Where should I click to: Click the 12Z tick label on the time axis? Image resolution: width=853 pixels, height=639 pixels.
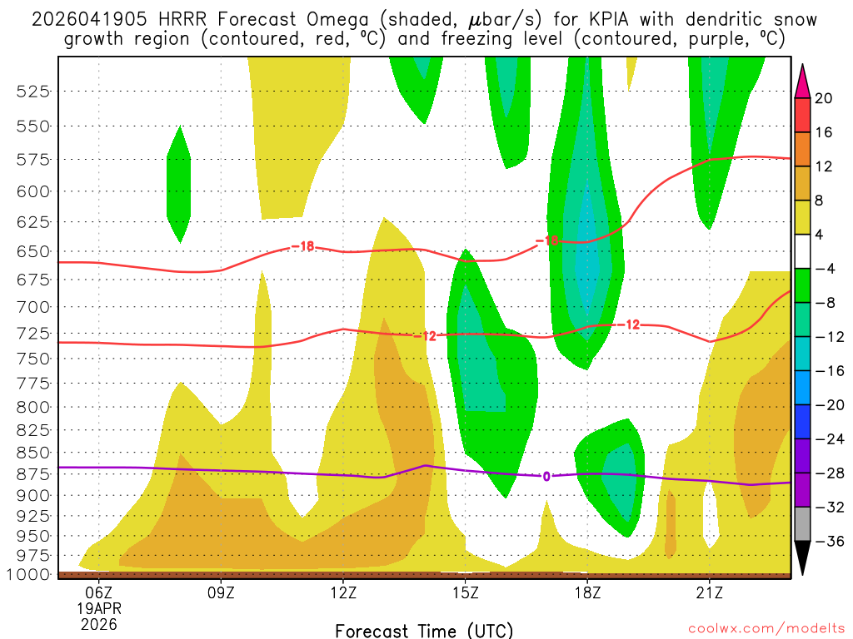tap(343, 592)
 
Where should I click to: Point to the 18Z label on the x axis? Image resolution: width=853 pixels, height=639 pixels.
tap(587, 592)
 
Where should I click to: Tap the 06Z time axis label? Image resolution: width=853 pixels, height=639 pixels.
tap(99, 592)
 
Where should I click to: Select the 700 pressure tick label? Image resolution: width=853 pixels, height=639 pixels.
tap(33, 307)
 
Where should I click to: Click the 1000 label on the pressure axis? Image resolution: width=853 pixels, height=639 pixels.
tap(30, 574)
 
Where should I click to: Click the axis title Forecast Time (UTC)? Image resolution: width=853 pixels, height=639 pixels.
tap(424, 630)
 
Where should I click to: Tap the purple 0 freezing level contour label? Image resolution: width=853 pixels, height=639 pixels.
tap(546, 477)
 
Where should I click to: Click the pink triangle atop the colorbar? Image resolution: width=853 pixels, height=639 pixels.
tap(802, 81)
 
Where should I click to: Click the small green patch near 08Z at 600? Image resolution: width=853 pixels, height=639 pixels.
tap(179, 185)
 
